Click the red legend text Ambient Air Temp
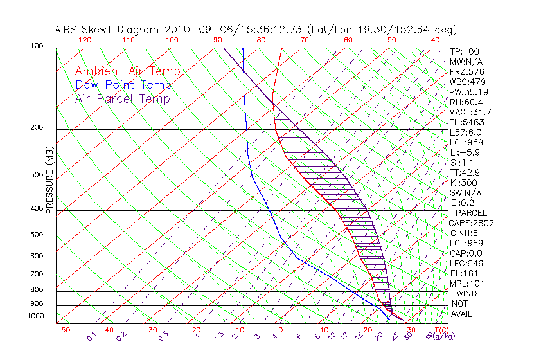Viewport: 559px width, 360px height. point(127,71)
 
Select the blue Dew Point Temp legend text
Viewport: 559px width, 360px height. point(123,85)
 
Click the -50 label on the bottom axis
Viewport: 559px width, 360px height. point(62,330)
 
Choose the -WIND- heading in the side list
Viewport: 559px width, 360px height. point(467,293)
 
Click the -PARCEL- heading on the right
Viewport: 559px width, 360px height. point(471,213)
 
